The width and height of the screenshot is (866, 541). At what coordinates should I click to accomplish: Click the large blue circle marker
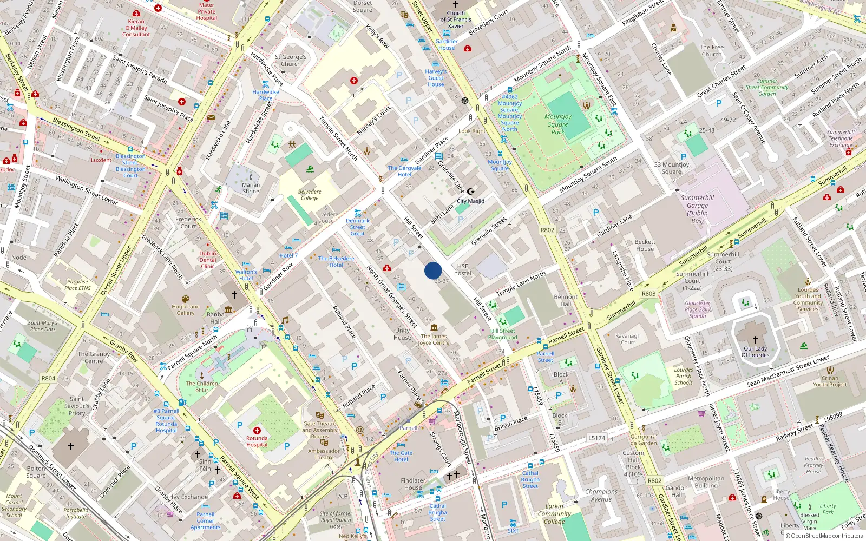pos(433,270)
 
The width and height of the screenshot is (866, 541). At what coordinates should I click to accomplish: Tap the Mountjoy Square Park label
pos(558,124)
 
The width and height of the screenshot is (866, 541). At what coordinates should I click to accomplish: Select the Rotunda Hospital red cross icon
pos(257,431)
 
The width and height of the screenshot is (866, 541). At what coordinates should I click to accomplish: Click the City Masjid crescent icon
pos(471,192)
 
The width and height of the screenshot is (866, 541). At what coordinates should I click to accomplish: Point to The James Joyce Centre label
pos(434,339)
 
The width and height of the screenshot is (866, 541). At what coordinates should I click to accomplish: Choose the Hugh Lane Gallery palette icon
pos(186,299)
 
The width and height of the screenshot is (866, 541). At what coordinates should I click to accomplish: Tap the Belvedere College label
pos(310,195)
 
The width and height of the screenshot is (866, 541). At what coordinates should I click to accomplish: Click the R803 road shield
pos(648,293)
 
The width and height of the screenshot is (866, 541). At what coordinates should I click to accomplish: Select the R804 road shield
pos(48,378)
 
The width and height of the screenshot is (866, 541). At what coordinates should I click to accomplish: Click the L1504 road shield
pos(596,438)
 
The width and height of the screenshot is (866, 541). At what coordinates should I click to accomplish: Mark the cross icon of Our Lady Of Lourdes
pos(755,340)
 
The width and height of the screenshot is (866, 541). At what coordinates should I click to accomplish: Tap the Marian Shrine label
pos(251,188)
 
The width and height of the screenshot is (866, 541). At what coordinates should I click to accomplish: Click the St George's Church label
pos(291,60)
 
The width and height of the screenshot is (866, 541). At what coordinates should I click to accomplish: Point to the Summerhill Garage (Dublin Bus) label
pos(697,209)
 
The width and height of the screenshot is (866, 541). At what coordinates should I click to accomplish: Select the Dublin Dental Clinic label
pos(208,260)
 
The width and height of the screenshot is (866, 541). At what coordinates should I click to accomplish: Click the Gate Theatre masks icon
pos(319,415)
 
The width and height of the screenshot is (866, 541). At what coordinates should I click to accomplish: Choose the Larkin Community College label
pos(554,514)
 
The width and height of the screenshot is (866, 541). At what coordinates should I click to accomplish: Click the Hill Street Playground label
pos(503,334)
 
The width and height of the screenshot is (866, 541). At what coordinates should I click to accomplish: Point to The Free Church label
pos(712,50)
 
